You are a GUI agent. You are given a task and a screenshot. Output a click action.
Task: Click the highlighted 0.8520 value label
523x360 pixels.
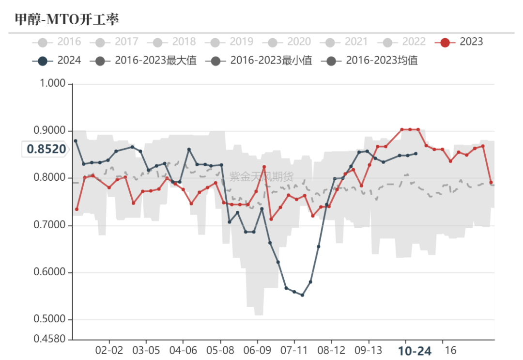(x=46, y=149)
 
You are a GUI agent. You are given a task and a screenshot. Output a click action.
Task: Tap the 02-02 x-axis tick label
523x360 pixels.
(x=109, y=350)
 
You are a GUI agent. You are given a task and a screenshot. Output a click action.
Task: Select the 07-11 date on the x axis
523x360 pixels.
(x=294, y=350)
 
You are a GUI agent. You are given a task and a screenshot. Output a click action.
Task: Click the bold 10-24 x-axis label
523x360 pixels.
(x=415, y=351)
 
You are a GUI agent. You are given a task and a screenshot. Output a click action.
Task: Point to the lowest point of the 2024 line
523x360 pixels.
(x=302, y=295)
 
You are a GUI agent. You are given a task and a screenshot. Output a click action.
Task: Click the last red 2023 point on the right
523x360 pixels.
(x=491, y=183)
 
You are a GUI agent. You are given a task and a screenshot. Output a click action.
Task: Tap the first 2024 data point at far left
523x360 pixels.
(x=76, y=141)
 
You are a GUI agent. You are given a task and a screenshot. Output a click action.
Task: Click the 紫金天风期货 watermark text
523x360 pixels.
(x=261, y=177)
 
